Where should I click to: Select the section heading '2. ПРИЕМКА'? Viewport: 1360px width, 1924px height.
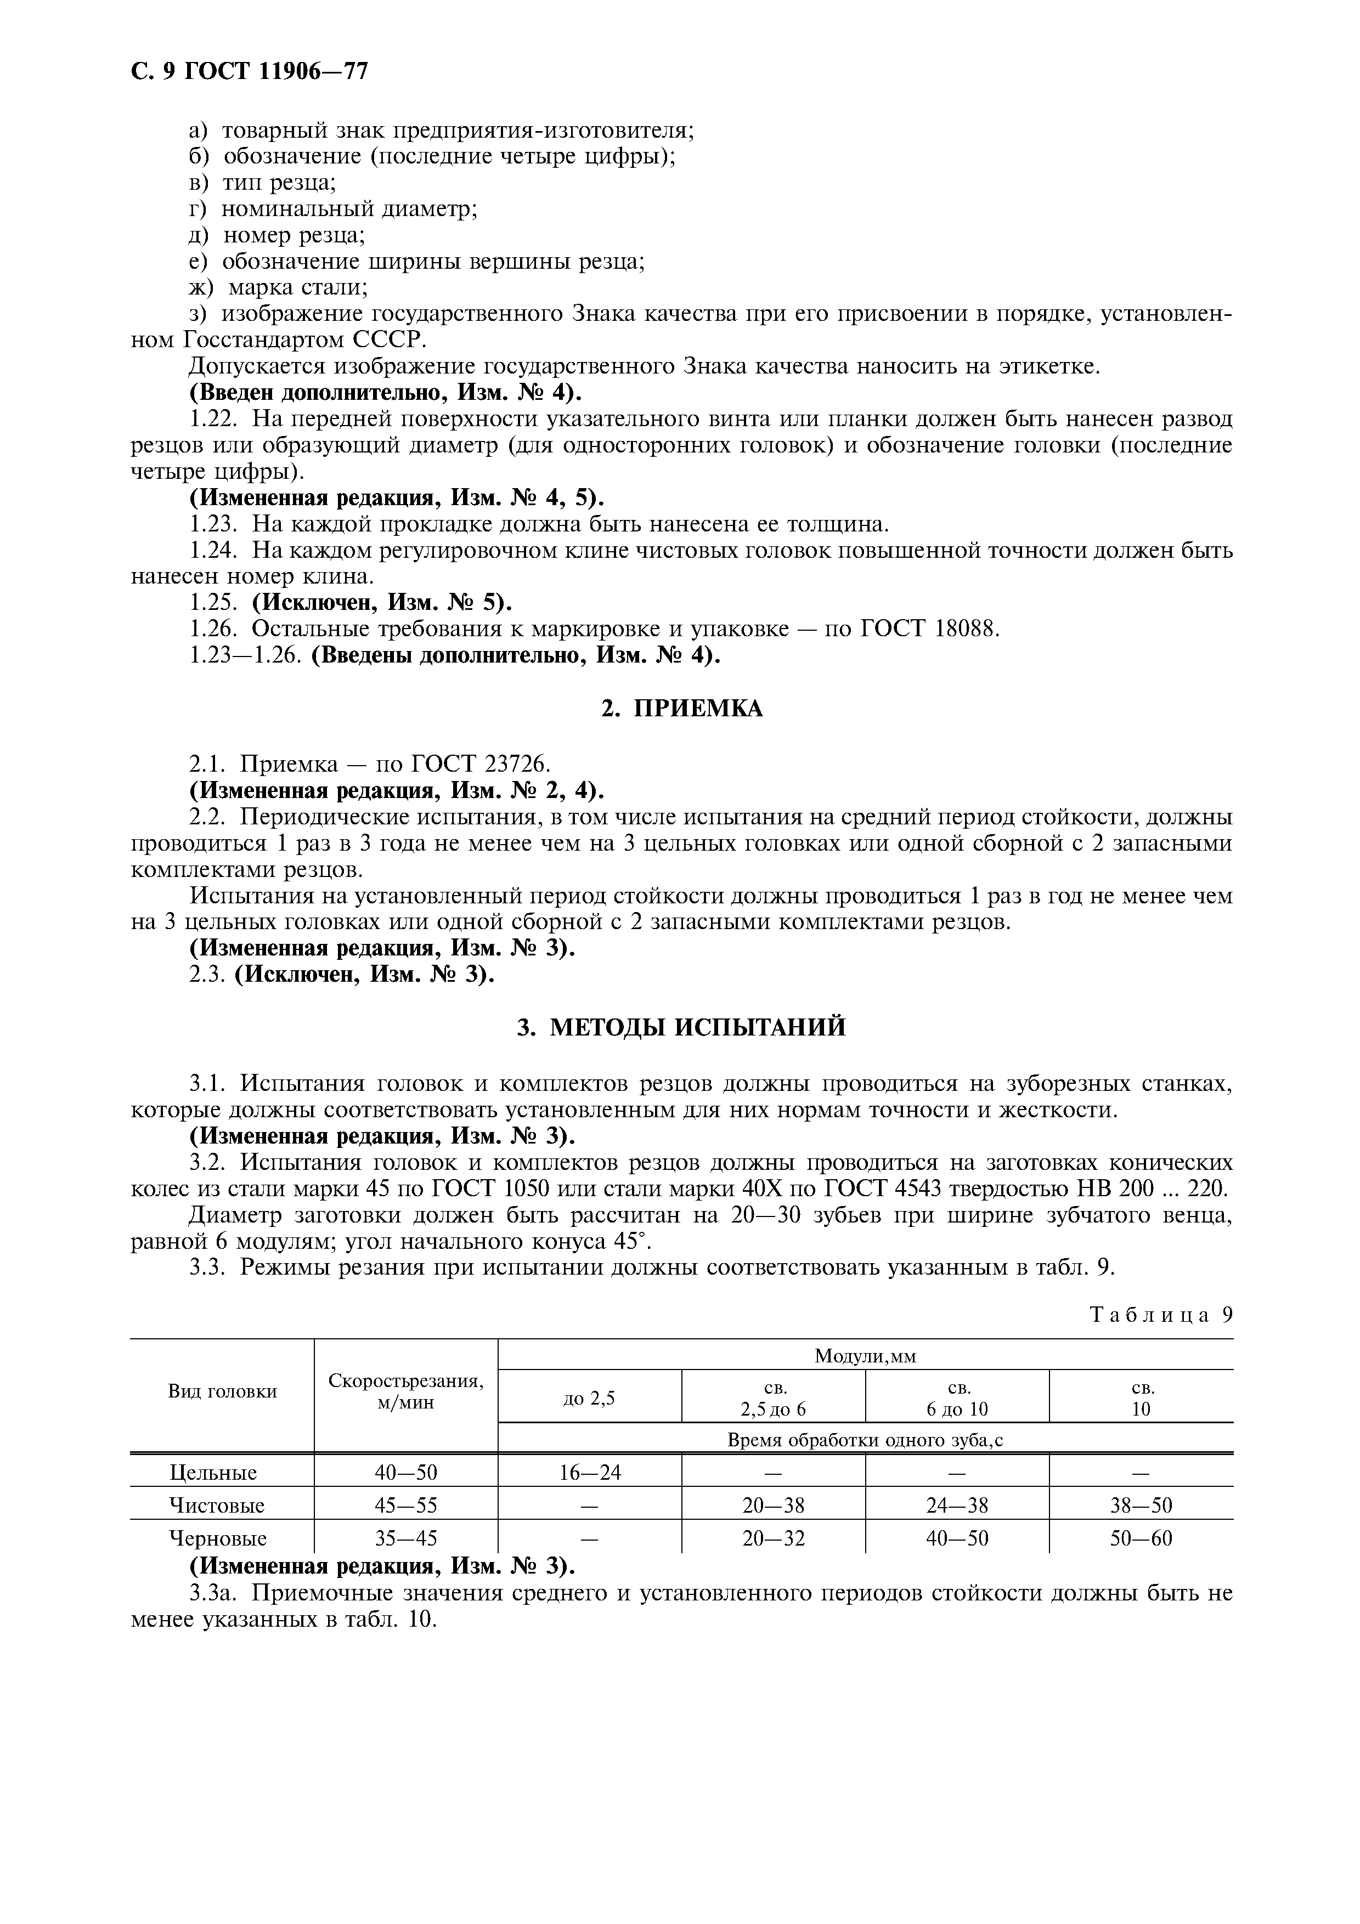pyautogui.click(x=681, y=709)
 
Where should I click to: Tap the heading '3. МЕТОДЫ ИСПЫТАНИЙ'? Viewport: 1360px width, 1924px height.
pyautogui.click(x=681, y=1027)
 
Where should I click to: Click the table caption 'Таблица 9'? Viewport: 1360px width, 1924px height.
pyautogui.click(x=1160, y=1314)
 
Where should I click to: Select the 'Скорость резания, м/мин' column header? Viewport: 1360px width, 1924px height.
pyautogui.click(x=405, y=1391)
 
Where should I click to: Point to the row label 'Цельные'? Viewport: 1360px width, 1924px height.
pyautogui.click(x=213, y=1472)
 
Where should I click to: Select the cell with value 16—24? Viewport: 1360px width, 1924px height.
pyautogui.click(x=590, y=1472)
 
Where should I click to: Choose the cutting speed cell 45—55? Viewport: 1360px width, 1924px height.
pyautogui.click(x=405, y=1506)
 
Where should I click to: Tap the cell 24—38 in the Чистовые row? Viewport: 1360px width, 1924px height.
pyautogui.click(x=956, y=1506)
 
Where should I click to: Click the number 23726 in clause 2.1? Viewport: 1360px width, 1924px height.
pyautogui.click(x=515, y=764)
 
